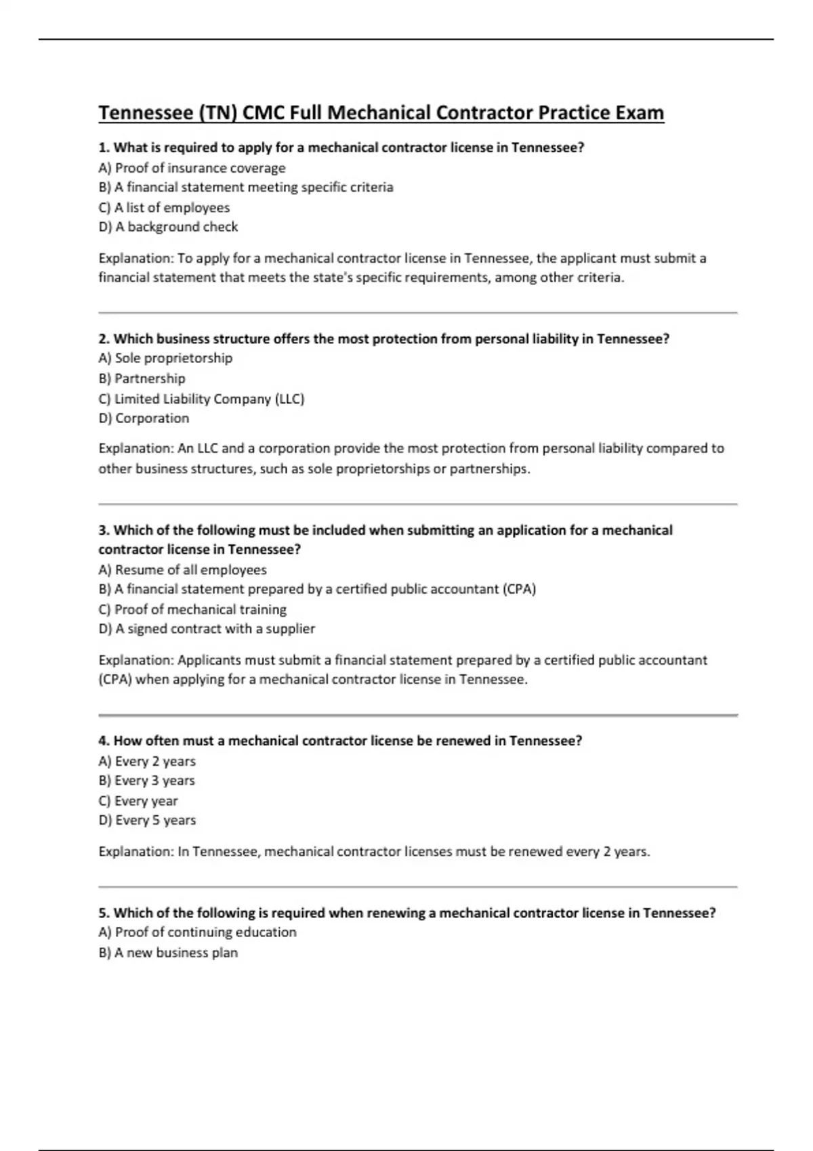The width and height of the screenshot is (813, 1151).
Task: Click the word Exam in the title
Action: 639,112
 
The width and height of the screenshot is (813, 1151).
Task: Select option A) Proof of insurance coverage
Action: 192,168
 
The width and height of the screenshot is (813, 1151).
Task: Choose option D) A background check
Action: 168,227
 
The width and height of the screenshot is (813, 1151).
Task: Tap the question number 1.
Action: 103,148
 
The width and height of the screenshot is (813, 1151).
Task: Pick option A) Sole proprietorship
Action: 165,358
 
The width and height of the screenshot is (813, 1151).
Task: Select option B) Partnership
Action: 142,378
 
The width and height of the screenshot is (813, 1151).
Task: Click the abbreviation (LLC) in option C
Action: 289,399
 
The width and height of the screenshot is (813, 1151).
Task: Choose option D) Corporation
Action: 144,418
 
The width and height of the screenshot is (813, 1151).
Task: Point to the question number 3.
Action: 103,530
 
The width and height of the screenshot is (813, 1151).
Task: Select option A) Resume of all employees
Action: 182,570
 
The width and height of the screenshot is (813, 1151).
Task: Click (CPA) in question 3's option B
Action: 519,589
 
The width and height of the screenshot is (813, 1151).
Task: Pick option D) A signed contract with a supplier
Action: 207,629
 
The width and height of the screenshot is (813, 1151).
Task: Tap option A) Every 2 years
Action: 147,761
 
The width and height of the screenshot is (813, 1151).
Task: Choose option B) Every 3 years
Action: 146,781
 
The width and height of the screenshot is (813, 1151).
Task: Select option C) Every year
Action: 138,801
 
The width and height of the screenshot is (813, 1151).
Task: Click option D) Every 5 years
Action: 147,821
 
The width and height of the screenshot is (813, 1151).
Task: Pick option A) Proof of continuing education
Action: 197,932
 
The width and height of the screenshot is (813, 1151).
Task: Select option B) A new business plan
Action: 168,953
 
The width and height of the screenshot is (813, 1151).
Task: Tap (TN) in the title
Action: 217,112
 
